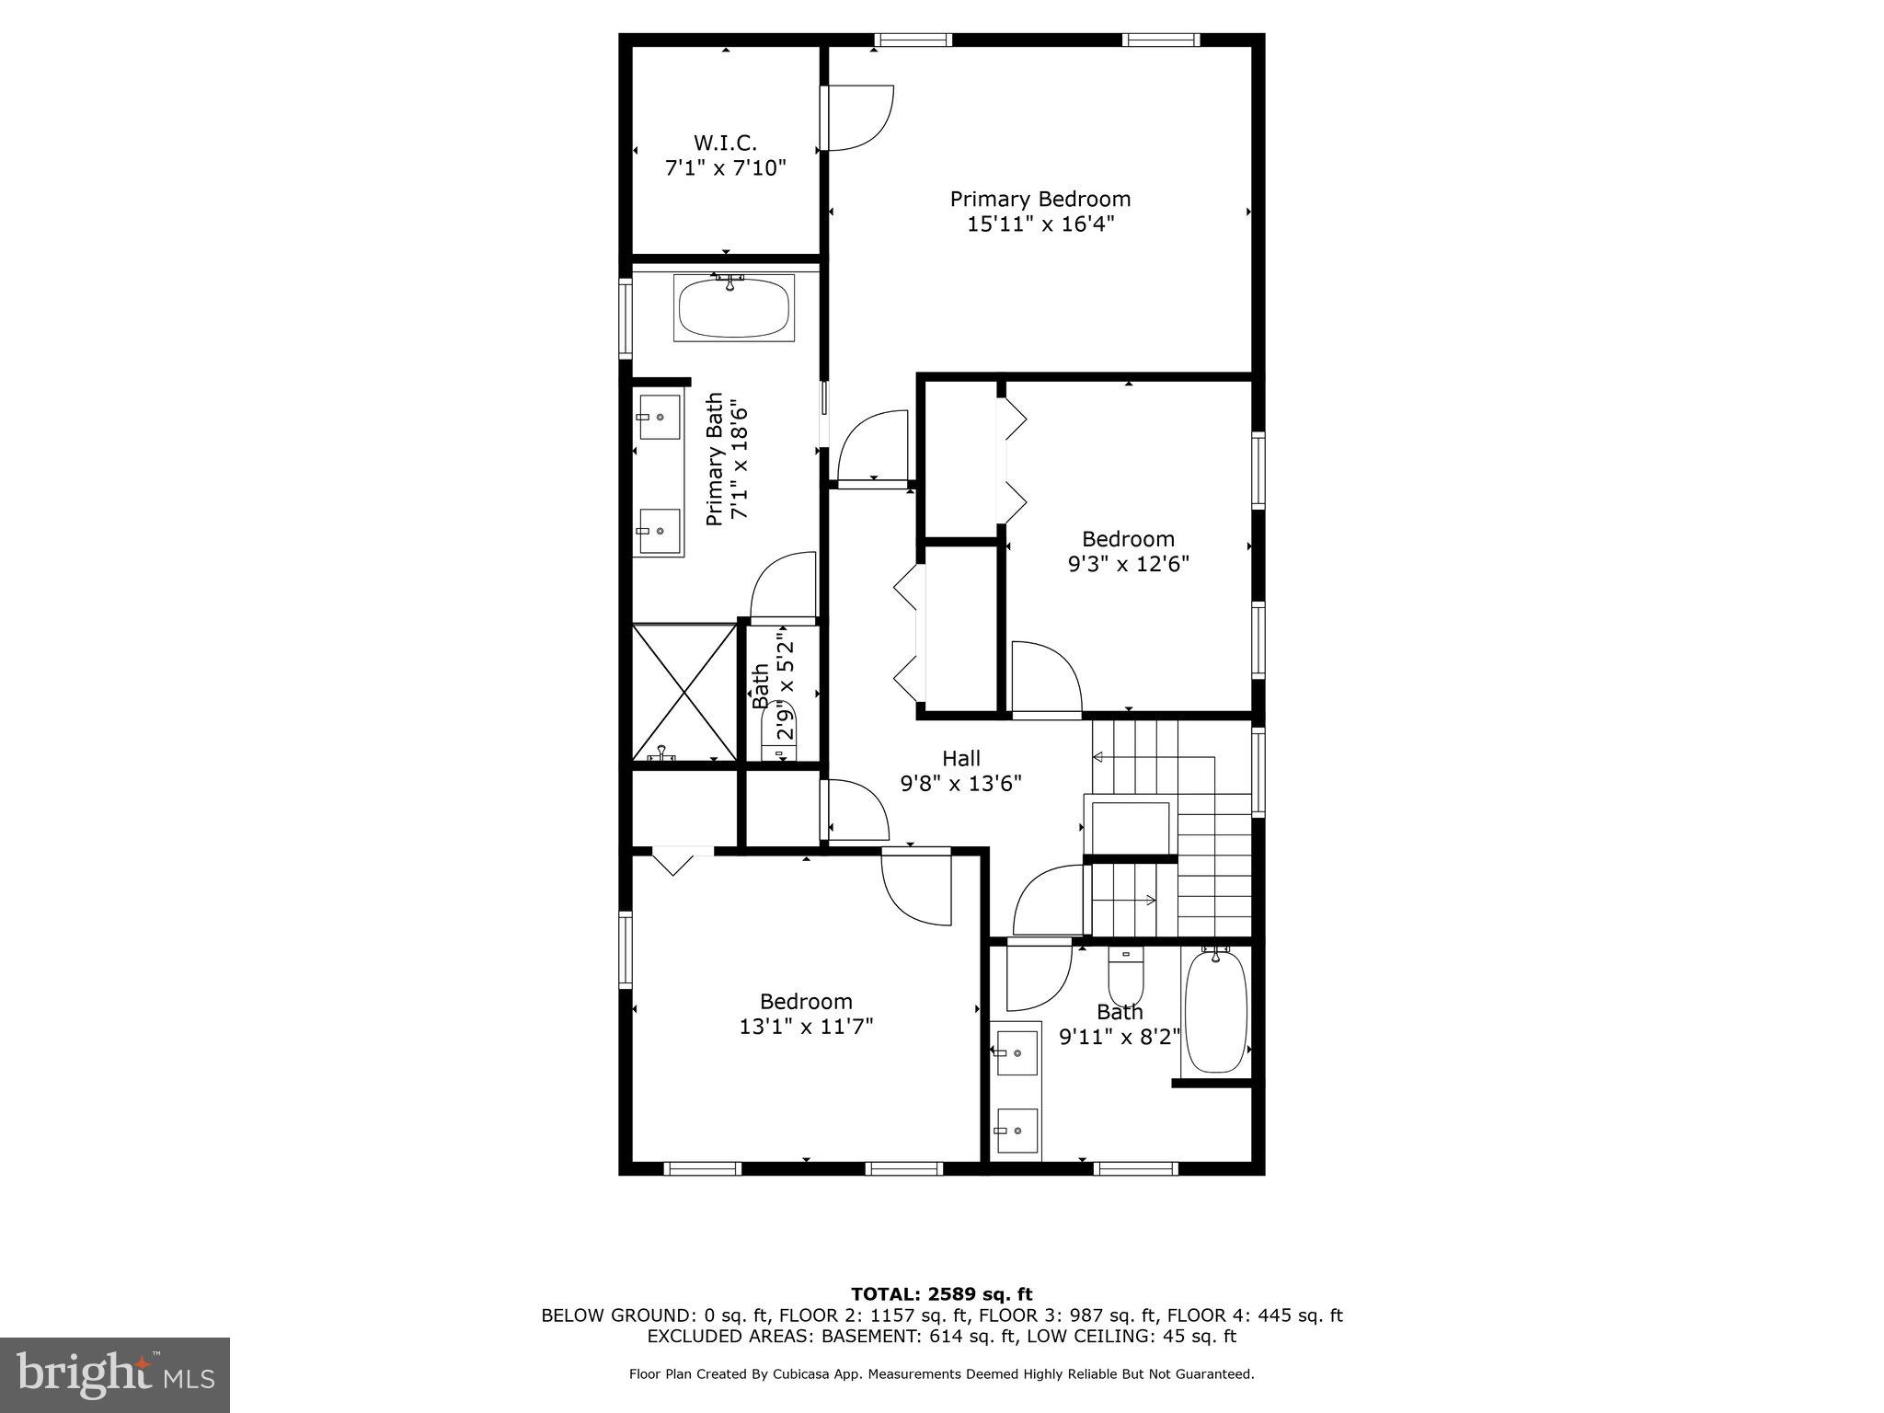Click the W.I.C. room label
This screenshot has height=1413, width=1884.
tap(725, 144)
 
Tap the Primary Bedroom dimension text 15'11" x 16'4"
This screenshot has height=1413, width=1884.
tap(1040, 224)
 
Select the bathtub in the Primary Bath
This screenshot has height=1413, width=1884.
tap(733, 308)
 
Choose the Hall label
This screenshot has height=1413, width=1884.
tap(961, 759)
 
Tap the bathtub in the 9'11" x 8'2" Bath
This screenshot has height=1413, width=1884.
tap(1215, 1012)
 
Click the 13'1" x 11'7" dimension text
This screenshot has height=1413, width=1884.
tap(806, 1027)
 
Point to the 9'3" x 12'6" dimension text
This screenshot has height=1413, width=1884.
tap(1129, 564)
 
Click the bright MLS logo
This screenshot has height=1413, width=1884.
tap(115, 1375)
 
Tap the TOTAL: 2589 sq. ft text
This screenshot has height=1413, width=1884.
tap(941, 1295)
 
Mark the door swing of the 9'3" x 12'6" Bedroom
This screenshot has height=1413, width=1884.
tap(1046, 678)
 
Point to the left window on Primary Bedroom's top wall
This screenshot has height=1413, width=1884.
tap(912, 40)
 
